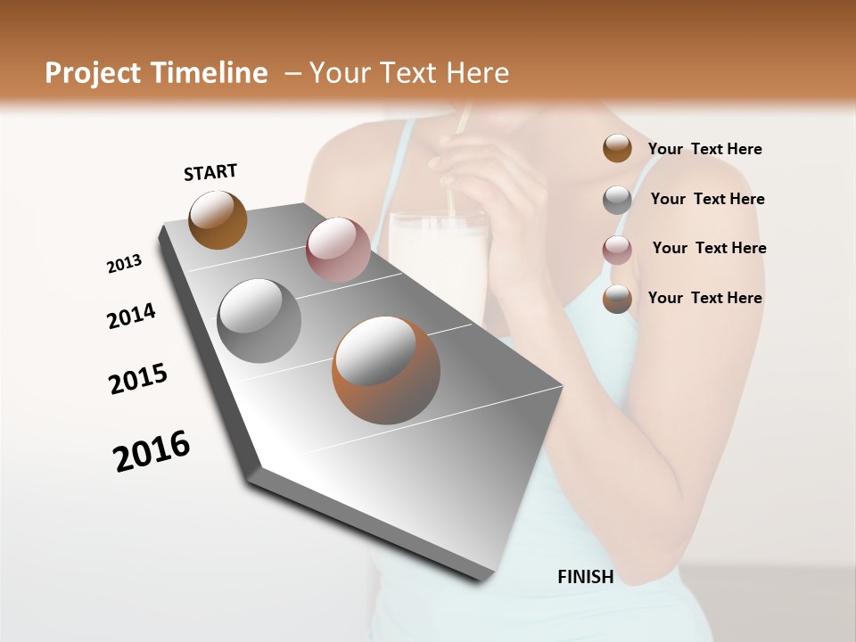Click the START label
tap(210, 172)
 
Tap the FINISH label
tap(585, 577)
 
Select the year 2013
tap(124, 264)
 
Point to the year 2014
tap(131, 316)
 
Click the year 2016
tap(152, 450)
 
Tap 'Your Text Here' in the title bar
tap(409, 73)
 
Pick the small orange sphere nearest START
tap(218, 219)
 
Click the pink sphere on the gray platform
tap(338, 250)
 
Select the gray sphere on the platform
tap(259, 321)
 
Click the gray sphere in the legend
tap(617, 200)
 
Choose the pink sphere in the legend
tap(617, 250)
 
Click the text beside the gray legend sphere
tap(707, 199)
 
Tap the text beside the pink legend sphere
tap(709, 248)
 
